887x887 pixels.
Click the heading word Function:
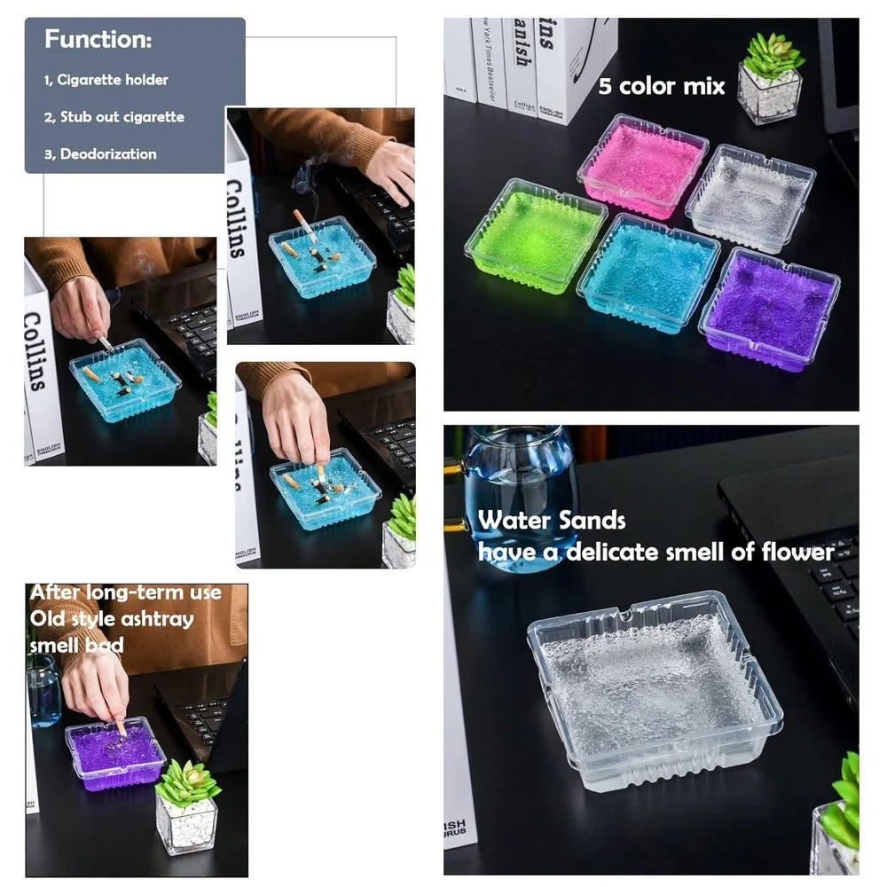(x=98, y=40)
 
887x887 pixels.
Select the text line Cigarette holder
(x=113, y=80)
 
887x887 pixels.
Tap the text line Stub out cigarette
(x=122, y=117)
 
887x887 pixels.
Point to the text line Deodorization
(x=107, y=154)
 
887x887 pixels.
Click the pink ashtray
(x=642, y=165)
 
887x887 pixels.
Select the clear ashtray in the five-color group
(x=750, y=196)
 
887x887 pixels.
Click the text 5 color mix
(x=661, y=86)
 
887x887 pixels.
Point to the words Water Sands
(x=552, y=521)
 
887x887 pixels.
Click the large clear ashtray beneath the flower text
(x=655, y=687)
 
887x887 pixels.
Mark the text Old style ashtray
(x=111, y=618)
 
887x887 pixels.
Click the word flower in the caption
(x=797, y=552)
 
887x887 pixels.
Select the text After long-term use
(x=125, y=593)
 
